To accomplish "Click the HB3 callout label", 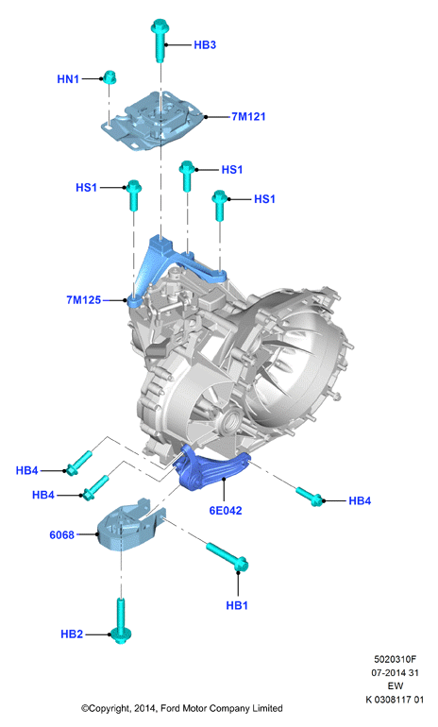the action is point(205,45).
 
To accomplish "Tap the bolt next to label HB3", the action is point(159,40).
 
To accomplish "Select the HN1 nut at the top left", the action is point(109,77).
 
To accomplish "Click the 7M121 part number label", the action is point(248,116).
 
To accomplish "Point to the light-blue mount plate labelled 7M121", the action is point(152,121).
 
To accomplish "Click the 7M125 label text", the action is point(83,300).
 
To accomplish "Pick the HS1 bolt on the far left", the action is point(133,195).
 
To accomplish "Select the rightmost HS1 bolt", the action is point(219,205).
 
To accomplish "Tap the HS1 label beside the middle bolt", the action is point(232,170).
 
